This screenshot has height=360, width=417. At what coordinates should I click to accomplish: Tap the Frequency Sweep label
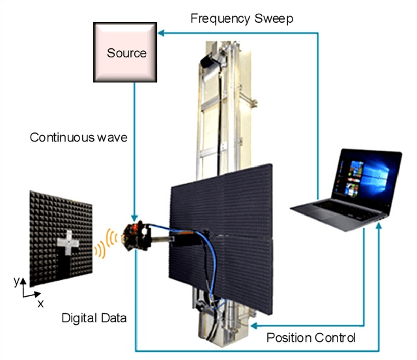tap(241, 18)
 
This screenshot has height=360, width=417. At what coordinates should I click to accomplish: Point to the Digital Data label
tap(94, 318)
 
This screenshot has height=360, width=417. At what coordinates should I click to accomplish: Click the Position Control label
tap(311, 338)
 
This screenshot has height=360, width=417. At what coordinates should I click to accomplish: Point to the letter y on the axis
tap(16, 282)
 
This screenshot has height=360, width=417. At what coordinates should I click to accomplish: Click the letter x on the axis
tap(40, 303)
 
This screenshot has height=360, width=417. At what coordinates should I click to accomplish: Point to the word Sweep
tap(272, 18)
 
